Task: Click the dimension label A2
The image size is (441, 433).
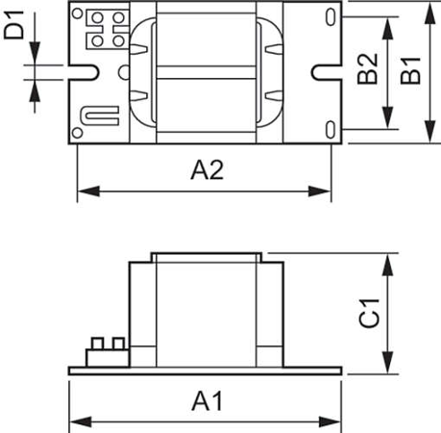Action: (207, 171)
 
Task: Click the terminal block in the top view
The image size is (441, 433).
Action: (104, 28)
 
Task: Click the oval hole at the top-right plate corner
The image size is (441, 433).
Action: (331, 16)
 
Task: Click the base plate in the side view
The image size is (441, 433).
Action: (206, 370)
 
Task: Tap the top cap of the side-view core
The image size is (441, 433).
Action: (206, 256)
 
